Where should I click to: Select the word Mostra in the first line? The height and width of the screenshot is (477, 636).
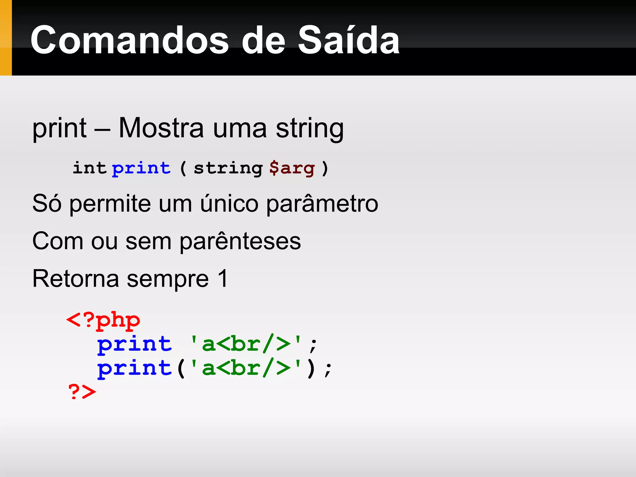pyautogui.click(x=161, y=128)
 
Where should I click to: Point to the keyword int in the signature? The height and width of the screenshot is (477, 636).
pyautogui.click(x=89, y=168)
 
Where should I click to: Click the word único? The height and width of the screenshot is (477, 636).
pyautogui.click(x=229, y=204)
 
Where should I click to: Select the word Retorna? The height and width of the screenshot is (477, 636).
pyautogui.click(x=76, y=279)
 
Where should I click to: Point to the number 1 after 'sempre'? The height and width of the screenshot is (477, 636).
pyautogui.click(x=223, y=279)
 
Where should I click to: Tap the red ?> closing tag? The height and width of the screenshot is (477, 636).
pyautogui.click(x=82, y=392)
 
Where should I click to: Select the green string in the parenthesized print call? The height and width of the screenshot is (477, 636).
pyautogui.click(x=246, y=368)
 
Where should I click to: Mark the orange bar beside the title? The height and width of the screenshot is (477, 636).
pyautogui.click(x=6, y=38)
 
